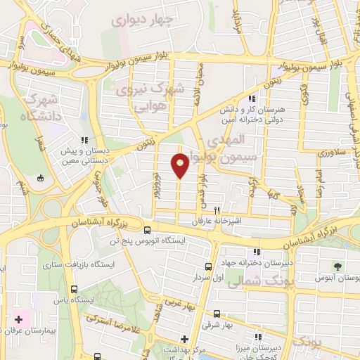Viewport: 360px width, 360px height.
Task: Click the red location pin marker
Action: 180,165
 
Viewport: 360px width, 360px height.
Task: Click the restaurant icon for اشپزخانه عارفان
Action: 218,210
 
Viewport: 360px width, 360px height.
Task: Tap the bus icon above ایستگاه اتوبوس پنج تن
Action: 147,230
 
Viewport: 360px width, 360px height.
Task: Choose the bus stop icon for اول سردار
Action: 208,266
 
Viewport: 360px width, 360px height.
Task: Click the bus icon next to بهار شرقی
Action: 216,314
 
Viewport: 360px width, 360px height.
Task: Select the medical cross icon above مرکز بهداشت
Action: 185,338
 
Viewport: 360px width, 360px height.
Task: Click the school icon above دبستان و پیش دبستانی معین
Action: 85,140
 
